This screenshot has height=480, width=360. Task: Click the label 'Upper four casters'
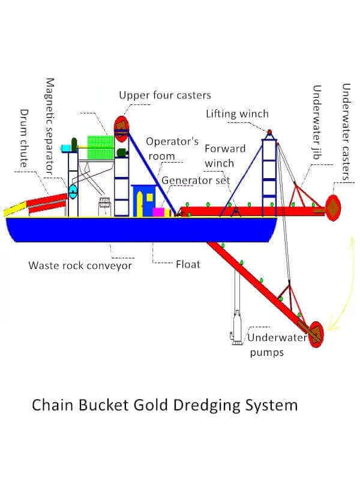[164, 95]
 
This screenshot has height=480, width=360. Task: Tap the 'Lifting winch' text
[237, 114]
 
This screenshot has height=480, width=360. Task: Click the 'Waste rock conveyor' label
[80, 265]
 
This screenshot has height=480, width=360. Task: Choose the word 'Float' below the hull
[188, 263]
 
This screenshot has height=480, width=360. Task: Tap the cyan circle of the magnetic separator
[73, 192]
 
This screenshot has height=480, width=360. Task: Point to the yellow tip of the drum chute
[11, 211]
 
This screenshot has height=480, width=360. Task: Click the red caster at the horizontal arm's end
[332, 208]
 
